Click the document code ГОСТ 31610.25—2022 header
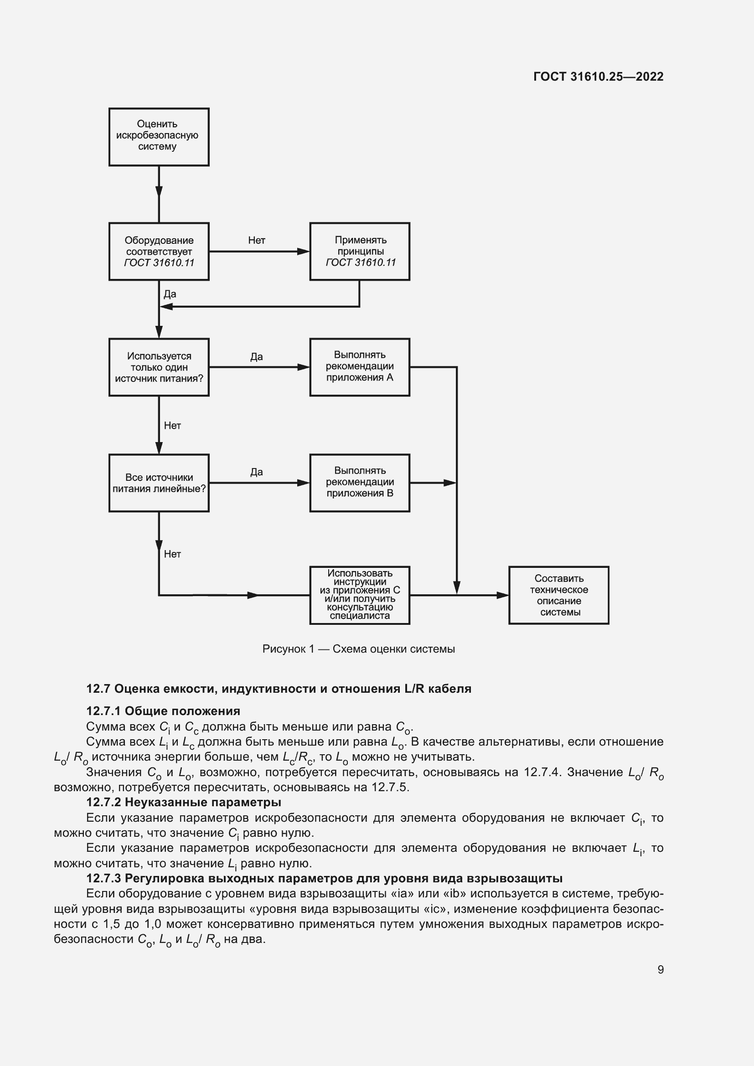point(598,77)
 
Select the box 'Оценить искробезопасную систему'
point(159,137)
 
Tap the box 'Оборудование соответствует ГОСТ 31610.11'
point(159,251)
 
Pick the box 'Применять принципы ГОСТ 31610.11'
point(360,251)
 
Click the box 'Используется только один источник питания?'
point(159,367)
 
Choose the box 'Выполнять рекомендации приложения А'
point(360,367)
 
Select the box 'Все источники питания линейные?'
point(159,483)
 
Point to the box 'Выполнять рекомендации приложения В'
point(360,483)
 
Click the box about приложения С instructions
point(360,595)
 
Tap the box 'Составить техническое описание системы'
point(558,595)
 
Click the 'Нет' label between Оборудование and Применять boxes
point(256,240)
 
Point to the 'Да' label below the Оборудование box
point(170,294)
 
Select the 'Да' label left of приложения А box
point(256,356)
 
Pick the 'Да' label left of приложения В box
point(256,472)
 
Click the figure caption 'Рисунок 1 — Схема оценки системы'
point(358,649)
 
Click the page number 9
point(660,969)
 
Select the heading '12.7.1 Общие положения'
point(163,711)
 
